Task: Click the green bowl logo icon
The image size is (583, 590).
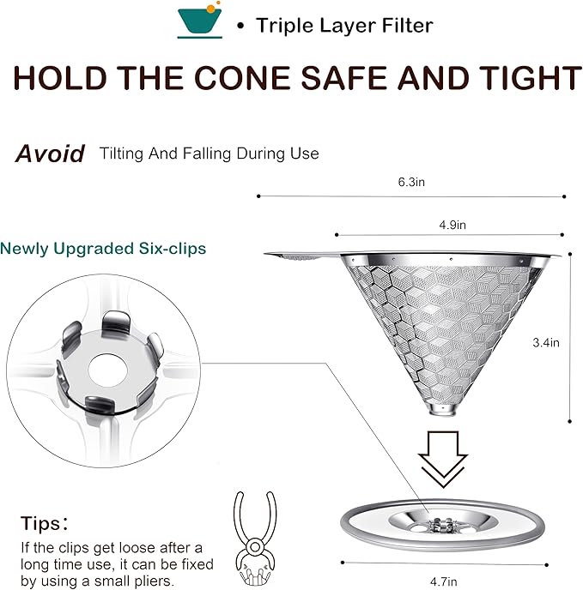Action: pos(200,20)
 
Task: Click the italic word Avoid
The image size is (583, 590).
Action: pos(50,154)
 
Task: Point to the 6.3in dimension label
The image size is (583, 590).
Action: pos(411,182)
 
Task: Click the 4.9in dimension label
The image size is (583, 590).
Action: pos(452,225)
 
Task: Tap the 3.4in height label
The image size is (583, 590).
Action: pos(546,342)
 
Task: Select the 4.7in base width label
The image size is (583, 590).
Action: pos(443,581)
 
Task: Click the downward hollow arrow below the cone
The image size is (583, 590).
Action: pos(443,459)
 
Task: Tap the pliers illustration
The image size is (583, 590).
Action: pos(255,538)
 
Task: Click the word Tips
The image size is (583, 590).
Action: pos(40,523)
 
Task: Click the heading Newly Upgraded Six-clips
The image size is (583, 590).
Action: pos(103,249)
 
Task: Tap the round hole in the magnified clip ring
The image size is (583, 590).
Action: pos(106,370)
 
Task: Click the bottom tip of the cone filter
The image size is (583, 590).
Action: pos(442,413)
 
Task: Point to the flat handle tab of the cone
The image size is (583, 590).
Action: pos(298,255)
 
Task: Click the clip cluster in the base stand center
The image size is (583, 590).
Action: pos(442,525)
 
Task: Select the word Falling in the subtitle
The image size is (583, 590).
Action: pos(207,154)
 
